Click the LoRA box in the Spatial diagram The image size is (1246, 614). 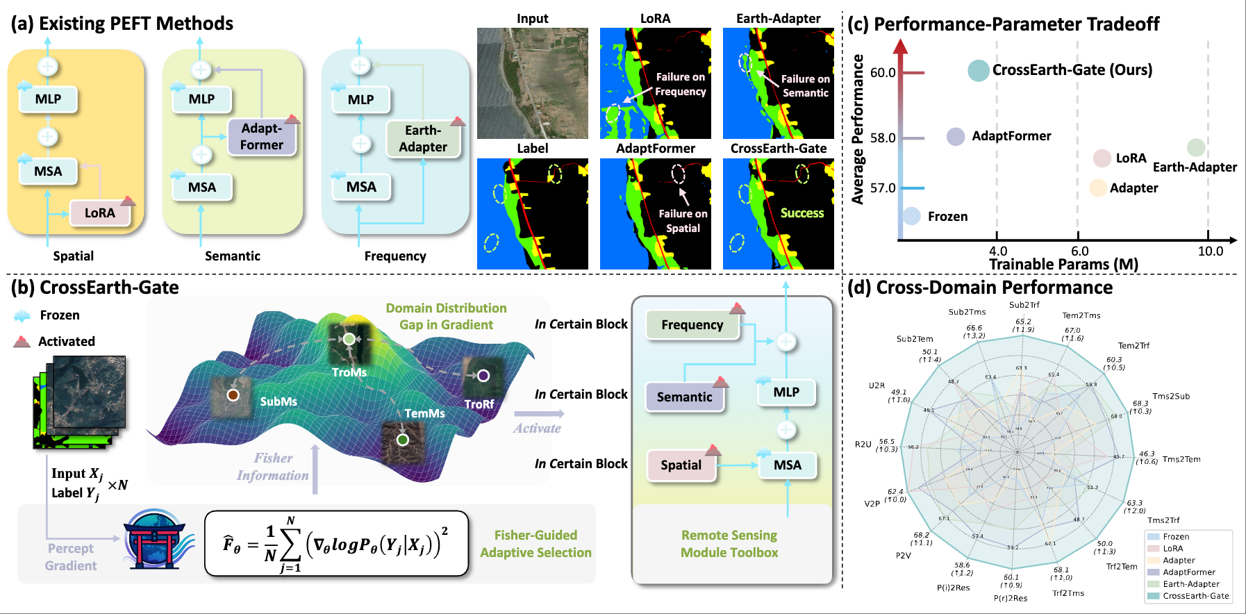point(99,213)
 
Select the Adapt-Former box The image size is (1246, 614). point(262,136)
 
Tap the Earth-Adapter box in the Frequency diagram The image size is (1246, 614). point(423,139)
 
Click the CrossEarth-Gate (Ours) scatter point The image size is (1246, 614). point(978,70)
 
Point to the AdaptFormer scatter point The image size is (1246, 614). point(956,136)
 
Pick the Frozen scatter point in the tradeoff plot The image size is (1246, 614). point(911,216)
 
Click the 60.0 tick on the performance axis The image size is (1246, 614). point(883,72)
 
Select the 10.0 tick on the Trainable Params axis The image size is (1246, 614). point(1210,251)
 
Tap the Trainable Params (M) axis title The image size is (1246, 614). point(1063,265)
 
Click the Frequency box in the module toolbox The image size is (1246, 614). point(692,325)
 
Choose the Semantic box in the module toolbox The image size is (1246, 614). point(684,397)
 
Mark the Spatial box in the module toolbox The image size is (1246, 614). point(681,465)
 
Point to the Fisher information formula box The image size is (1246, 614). point(336,544)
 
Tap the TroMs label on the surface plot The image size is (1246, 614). point(349,372)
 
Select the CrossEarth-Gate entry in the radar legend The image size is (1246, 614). point(1195,596)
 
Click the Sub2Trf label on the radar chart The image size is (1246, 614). point(1024,305)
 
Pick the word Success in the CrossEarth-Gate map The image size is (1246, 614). point(801,213)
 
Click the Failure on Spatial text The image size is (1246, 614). point(683,221)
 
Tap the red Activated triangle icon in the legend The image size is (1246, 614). point(22,341)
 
